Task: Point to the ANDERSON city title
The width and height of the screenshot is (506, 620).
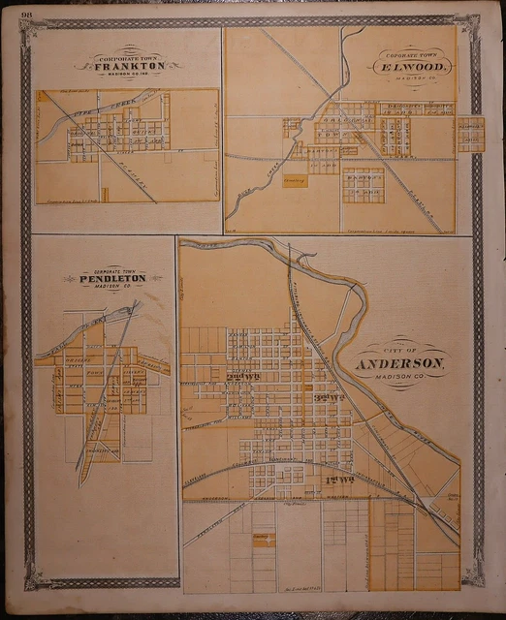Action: [x=399, y=363]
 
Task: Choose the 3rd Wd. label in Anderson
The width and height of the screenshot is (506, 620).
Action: [x=329, y=397]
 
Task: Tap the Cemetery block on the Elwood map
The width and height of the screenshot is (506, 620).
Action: [x=295, y=179]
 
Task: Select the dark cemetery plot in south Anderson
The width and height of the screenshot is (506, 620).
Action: [x=263, y=540]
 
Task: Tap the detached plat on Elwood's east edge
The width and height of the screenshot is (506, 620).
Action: [x=471, y=134]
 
